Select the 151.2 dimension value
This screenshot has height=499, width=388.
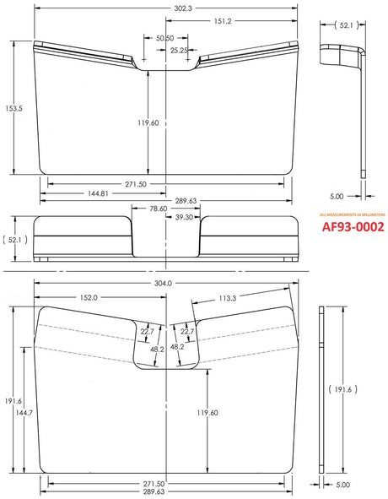pyautogui.click(x=224, y=22)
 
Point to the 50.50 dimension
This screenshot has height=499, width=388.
pyautogui.click(x=165, y=38)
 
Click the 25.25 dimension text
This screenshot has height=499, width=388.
pyautogui.click(x=179, y=51)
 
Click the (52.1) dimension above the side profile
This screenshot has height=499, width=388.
pyautogui.click(x=342, y=26)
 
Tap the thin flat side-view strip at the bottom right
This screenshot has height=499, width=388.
pyautogui.click(x=321, y=391)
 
